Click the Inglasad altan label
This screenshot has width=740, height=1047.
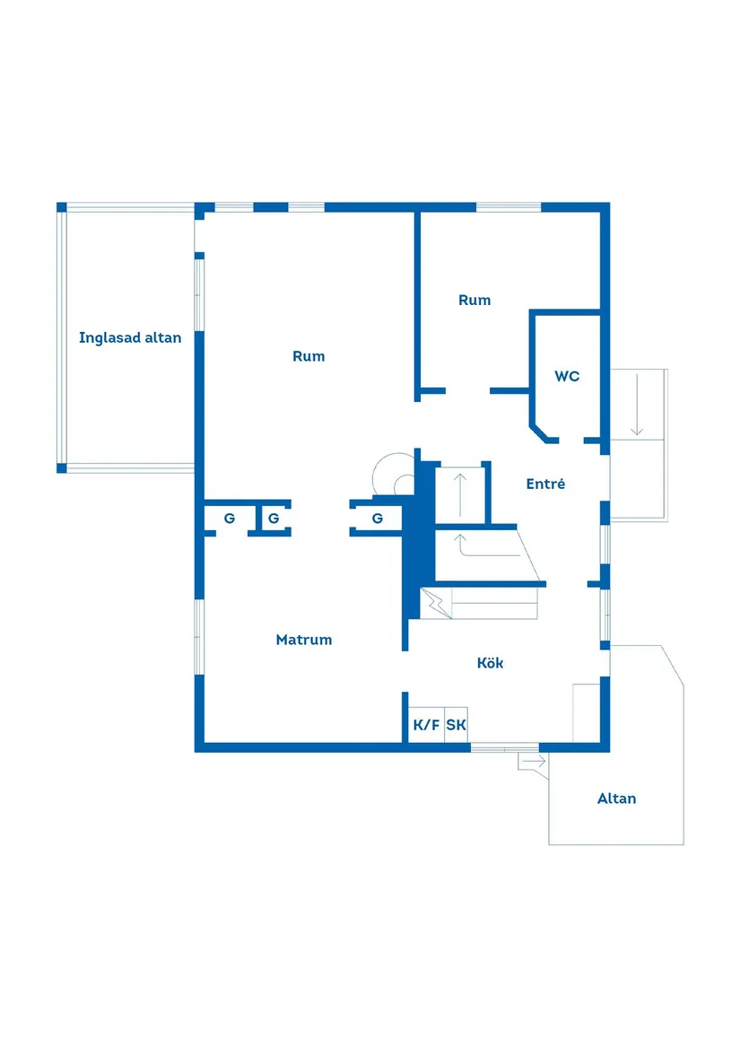tap(130, 338)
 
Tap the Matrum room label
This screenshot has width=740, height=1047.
tap(303, 640)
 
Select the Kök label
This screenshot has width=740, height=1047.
tap(490, 663)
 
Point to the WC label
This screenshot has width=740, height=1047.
tap(567, 376)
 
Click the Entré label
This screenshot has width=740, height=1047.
tap(545, 484)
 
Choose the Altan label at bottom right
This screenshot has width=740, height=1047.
tap(616, 798)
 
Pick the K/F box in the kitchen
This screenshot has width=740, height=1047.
tap(426, 725)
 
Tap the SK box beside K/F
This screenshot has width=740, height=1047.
tap(456, 725)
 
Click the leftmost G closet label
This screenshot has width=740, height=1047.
tap(230, 519)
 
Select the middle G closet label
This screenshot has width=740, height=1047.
tap(274, 519)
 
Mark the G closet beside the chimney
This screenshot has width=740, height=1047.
tap(378, 519)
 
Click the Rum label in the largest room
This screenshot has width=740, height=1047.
tap(309, 356)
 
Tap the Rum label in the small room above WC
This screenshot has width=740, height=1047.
tap(474, 301)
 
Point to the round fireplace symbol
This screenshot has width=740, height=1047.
tap(392, 473)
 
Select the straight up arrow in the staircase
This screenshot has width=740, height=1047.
tap(460, 494)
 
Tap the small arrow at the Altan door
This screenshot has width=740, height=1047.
tap(532, 762)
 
